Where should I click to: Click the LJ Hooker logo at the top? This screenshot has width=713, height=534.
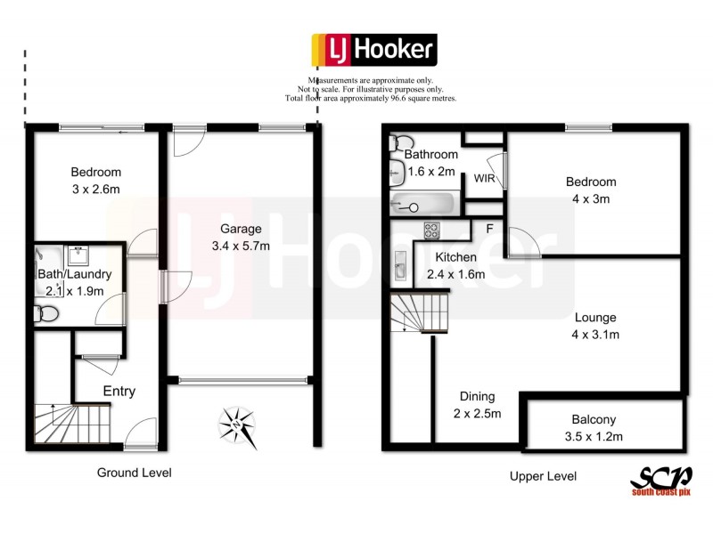pyautogui.click(x=373, y=51)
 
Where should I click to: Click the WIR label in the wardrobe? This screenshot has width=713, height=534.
pyautogui.click(x=484, y=179)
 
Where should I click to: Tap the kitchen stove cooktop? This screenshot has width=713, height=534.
pyautogui.click(x=432, y=230)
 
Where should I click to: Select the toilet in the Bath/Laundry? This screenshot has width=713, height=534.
pyautogui.click(x=46, y=313)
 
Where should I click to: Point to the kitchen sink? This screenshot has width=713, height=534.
pyautogui.click(x=400, y=265)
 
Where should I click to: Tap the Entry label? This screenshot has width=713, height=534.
pyautogui.click(x=119, y=392)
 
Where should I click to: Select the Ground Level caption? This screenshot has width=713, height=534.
pyautogui.click(x=134, y=473)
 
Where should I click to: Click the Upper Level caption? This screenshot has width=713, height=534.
pyautogui.click(x=543, y=476)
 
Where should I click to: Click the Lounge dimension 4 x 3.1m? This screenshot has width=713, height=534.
pyautogui.click(x=596, y=335)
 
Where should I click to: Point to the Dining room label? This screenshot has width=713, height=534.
pyautogui.click(x=477, y=397)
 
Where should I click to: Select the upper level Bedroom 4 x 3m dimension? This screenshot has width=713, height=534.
pyautogui.click(x=591, y=198)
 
